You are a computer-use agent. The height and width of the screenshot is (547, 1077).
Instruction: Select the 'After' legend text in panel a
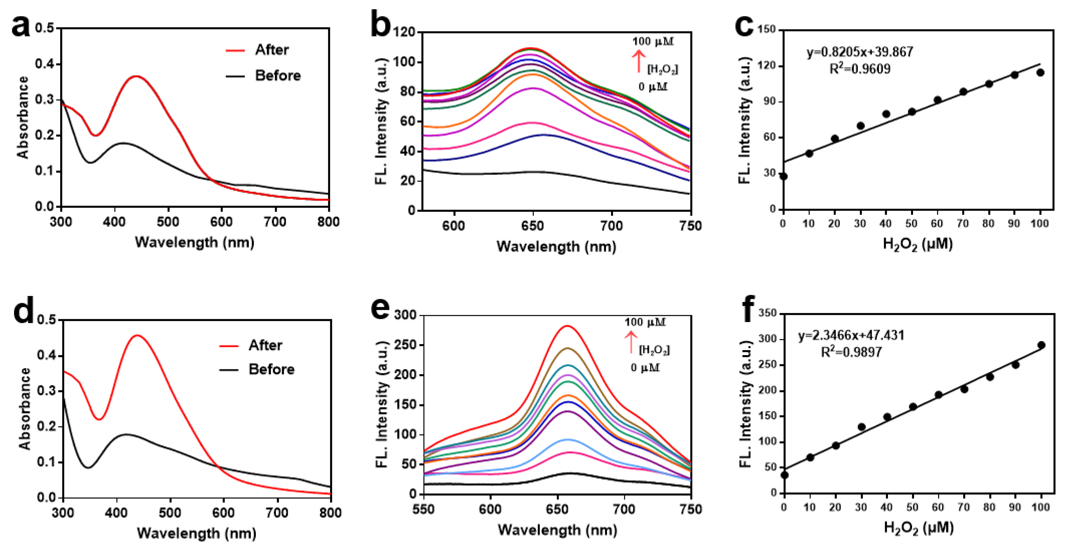(272, 50)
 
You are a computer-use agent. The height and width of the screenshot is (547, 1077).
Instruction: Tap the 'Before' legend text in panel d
(271, 369)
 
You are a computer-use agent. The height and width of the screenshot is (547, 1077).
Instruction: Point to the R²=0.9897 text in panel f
(851, 352)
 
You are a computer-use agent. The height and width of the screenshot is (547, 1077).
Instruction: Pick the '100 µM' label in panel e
(645, 322)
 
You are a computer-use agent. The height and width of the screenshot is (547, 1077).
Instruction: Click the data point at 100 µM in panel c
(1040, 73)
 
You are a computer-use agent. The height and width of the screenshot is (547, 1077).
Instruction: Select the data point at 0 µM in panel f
(784, 475)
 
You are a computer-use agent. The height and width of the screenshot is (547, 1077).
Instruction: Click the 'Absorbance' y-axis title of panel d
(25, 408)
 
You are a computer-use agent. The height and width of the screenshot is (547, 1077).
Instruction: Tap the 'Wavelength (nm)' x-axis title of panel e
(557, 530)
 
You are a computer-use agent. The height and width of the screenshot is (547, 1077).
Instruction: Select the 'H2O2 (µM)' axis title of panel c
(918, 244)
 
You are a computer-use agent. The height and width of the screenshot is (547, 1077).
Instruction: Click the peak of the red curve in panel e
(568, 326)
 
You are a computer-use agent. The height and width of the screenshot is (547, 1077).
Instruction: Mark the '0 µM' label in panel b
(653, 87)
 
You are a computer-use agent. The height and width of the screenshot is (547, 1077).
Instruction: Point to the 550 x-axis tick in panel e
(424, 509)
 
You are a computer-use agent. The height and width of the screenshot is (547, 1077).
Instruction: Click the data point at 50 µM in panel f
(913, 407)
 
